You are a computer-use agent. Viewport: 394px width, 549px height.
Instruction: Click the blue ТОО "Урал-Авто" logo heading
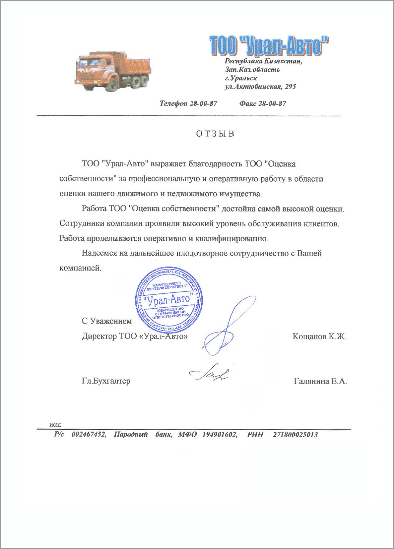pos(269,45)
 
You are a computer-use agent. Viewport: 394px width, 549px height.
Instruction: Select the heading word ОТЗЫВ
pos(215,134)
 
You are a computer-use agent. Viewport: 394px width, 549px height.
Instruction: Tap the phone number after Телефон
pos(203,103)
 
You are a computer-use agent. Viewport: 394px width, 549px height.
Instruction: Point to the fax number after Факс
pos(272,103)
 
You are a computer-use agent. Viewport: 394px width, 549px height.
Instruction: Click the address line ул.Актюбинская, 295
pos(260,87)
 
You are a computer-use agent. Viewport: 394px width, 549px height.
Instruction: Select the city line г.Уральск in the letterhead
pos(241,78)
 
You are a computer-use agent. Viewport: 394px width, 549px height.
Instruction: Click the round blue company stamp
pos(169,300)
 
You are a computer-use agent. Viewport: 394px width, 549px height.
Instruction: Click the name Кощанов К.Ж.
pos(319,336)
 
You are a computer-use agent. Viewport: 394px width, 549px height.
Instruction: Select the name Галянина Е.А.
pos(320,381)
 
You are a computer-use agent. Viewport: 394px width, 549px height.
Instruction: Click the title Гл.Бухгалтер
pos(106,381)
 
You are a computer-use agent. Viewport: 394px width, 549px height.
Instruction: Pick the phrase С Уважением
pos(107,321)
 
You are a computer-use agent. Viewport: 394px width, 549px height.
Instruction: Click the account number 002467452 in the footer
pos(89,435)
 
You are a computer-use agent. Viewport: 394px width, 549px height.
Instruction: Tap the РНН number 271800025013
pos(295,435)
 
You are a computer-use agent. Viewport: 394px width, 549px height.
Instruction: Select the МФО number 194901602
pos(220,435)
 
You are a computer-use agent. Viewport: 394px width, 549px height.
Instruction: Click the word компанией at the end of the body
pos(80,268)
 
